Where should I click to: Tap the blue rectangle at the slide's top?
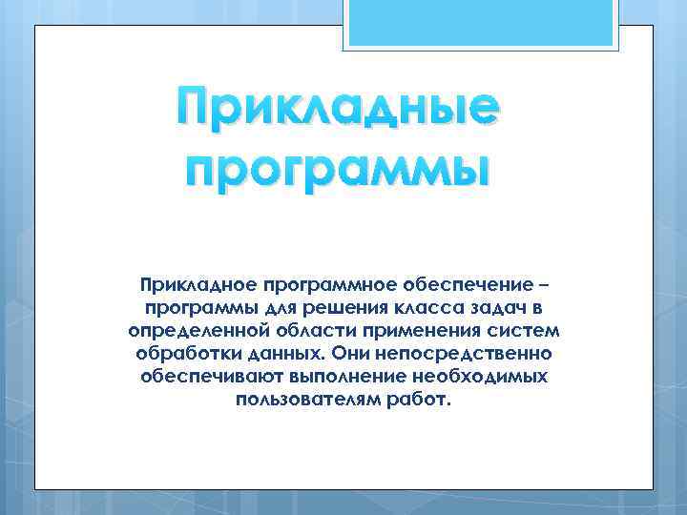(481, 22)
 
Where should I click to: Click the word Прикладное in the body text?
(194, 285)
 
